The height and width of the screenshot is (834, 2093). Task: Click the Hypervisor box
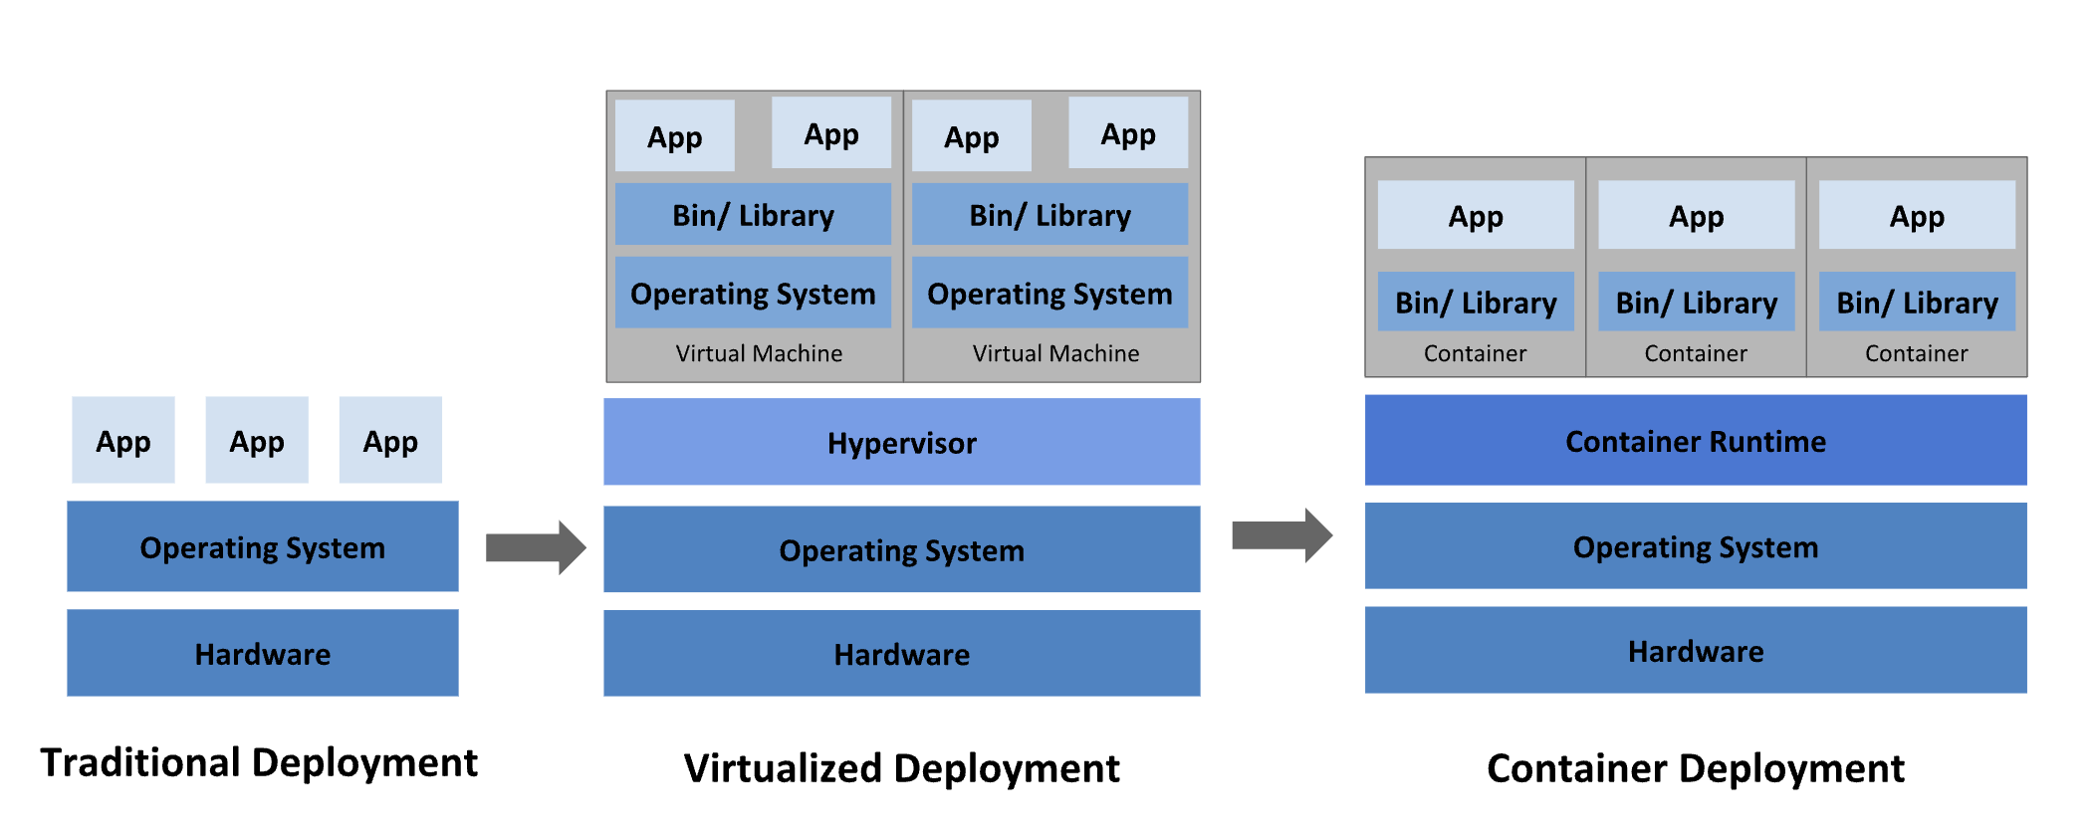coord(901,442)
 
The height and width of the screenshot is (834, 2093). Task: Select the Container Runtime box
coord(1695,440)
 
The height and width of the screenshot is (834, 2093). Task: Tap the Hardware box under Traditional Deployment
coord(262,653)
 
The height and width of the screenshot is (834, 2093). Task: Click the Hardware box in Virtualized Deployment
coord(901,653)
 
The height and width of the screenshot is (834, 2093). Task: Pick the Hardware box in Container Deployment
coord(1695,650)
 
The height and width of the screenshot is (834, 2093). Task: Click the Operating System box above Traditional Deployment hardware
coord(262,546)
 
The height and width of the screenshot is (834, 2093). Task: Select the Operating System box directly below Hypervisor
coord(901,549)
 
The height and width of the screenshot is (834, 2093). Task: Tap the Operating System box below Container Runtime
coord(1695,545)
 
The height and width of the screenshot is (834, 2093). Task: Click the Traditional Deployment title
coord(259,762)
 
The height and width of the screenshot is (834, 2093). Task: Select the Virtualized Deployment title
coord(901,768)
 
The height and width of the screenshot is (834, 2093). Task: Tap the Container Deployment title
coord(1695,768)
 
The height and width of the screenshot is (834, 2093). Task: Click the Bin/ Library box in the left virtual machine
coord(753,214)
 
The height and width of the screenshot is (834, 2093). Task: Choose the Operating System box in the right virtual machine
coord(1049,293)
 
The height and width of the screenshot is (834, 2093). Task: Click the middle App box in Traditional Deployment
coord(257,440)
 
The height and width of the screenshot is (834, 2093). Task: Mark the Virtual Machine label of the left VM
coord(759,353)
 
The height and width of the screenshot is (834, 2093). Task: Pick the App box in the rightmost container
coord(1917,215)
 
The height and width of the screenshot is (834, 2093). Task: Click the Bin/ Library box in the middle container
coord(1696,302)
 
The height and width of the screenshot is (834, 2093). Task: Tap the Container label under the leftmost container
coord(1475,353)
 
